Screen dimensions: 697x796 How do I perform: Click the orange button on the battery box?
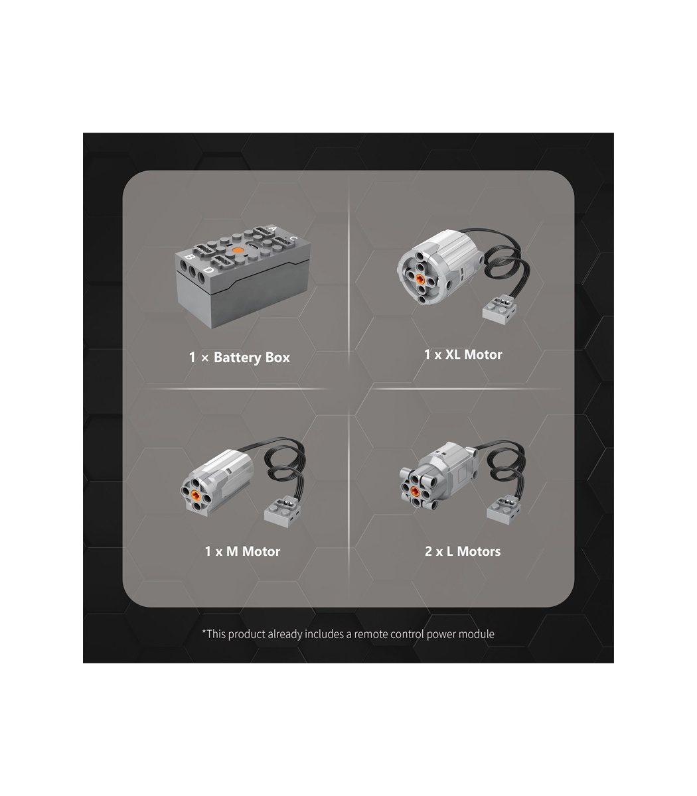[x=237, y=251]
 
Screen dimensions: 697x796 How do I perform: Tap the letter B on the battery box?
[x=189, y=257]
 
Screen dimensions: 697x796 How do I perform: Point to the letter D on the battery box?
[x=208, y=270]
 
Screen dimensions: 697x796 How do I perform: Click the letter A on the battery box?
[x=273, y=229]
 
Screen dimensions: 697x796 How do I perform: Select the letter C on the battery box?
[x=293, y=238]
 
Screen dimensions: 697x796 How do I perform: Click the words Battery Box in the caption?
[x=252, y=358]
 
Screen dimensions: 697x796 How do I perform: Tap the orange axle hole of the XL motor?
[x=420, y=279]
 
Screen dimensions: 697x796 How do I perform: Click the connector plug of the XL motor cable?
[x=499, y=310]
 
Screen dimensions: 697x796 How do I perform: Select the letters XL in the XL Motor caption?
[x=453, y=354]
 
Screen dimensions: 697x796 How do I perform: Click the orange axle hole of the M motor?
[x=195, y=494]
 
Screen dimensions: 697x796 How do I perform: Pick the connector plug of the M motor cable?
[x=283, y=511]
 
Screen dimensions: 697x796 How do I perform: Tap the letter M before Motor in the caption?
[x=232, y=551]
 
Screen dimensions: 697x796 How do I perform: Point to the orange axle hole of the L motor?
[x=416, y=492]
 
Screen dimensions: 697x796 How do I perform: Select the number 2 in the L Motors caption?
[x=428, y=551]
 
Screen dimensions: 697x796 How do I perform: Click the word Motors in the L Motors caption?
[x=479, y=551]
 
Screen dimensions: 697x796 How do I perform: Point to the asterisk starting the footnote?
[x=204, y=631]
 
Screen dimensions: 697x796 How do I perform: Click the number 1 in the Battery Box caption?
[x=192, y=357]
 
